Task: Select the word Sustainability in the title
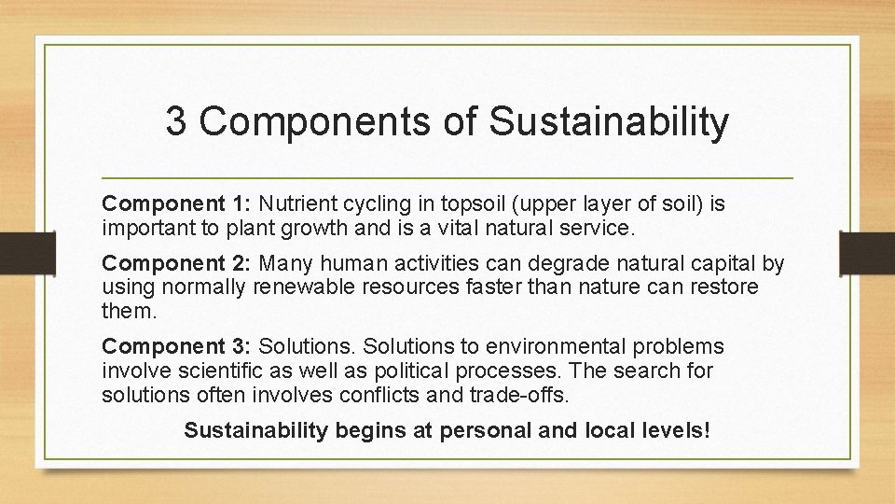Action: pyautogui.click(x=609, y=122)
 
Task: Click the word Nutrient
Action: pyautogui.click(x=295, y=203)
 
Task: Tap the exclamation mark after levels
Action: pyautogui.click(x=707, y=430)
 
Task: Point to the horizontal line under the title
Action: pyautogui.click(x=447, y=177)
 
